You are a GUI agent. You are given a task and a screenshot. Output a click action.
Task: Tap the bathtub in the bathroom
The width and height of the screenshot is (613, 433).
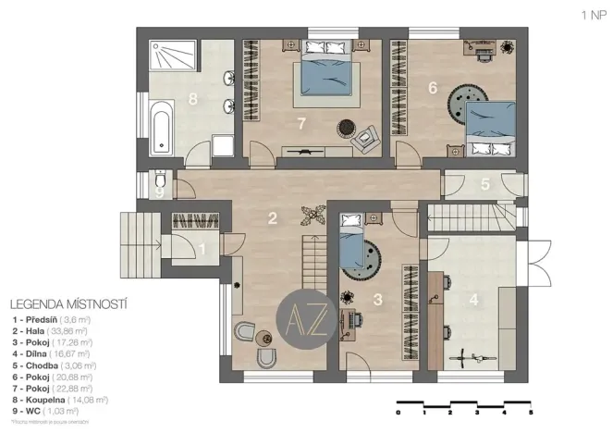pyautogui.click(x=160, y=129)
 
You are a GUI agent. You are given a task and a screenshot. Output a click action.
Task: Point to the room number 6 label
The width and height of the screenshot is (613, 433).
pyautogui.click(x=432, y=88)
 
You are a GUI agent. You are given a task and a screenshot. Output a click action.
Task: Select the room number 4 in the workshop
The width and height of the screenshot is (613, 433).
pyautogui.click(x=473, y=301)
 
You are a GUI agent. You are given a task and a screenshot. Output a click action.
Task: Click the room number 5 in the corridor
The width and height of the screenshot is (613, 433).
pyautogui.click(x=485, y=183)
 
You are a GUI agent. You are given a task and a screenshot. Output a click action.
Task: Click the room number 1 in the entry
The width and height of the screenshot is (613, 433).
pyautogui.click(x=202, y=248)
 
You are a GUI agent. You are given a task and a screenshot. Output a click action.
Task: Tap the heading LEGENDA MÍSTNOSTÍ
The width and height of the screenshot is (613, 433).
pyautogui.click(x=67, y=303)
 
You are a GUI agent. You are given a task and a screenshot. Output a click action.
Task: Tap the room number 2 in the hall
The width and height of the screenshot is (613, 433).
pyautogui.click(x=273, y=218)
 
